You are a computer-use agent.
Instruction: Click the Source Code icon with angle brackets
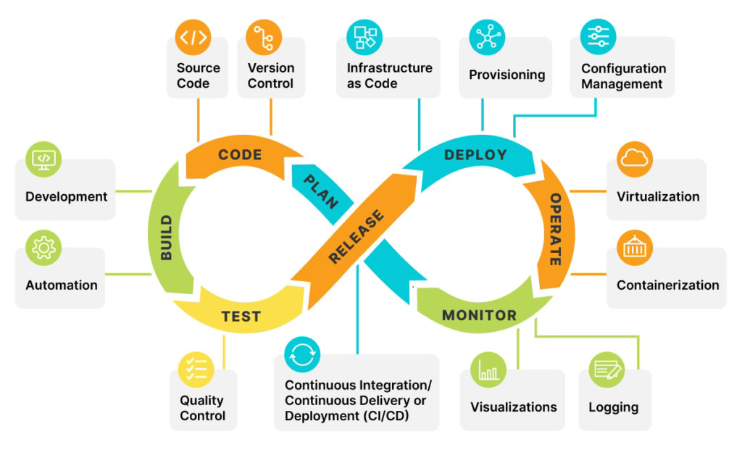coord(193,37)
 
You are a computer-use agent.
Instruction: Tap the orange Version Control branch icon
coord(264,37)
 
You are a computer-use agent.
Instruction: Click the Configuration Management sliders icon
coord(599,36)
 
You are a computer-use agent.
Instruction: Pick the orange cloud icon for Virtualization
coord(635,159)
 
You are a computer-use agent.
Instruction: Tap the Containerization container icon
coord(635,248)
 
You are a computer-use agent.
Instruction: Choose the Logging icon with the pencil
coord(607,370)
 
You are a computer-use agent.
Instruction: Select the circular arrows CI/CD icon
coord(302,354)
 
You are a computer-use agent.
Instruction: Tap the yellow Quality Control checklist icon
coord(197,369)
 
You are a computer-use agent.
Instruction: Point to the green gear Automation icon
coord(43,248)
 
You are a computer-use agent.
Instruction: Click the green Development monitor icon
coord(43,159)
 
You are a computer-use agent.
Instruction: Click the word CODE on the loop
coord(240,155)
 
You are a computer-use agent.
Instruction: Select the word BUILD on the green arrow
coord(167,238)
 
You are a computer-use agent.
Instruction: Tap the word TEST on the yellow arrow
coord(241,317)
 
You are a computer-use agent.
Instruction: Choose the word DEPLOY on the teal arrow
coord(475,155)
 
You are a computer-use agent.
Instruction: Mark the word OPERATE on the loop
coord(556,229)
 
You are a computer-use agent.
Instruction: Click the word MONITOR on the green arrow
coord(479,315)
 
